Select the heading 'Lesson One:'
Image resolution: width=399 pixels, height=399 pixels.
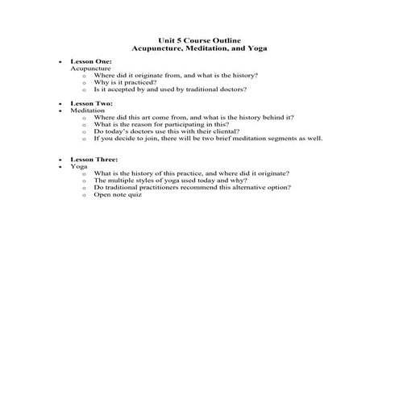[x=91, y=61]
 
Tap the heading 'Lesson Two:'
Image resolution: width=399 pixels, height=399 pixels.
[x=91, y=104]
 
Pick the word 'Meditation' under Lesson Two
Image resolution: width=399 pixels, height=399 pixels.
[x=89, y=110]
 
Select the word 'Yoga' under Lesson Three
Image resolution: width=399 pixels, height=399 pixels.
[x=79, y=166]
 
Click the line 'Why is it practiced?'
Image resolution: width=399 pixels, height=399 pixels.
[x=126, y=82]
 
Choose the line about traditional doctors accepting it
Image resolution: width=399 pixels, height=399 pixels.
[x=170, y=89]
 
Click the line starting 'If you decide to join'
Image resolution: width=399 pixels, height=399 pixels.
[x=208, y=138]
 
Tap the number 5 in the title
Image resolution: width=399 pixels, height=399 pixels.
[x=188, y=40]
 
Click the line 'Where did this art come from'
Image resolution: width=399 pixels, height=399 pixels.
[x=193, y=118]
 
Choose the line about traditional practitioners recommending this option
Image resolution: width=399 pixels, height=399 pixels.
[x=193, y=187]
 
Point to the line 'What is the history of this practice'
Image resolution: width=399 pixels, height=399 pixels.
[x=192, y=173]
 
